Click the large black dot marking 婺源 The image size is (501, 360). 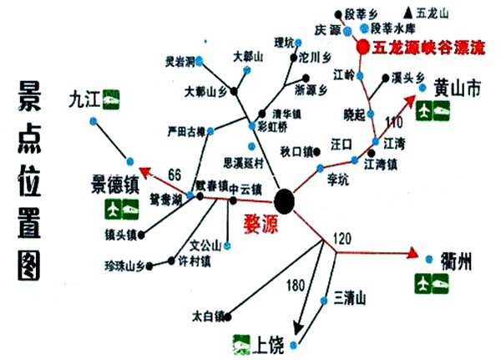click(285, 201)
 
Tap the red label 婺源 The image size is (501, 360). click(261, 224)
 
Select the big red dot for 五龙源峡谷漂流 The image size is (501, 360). click(362, 48)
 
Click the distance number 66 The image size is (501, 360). click(175, 174)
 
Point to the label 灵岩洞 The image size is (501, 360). click(180, 62)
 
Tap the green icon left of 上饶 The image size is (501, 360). click(242, 341)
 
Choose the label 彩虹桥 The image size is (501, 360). click(273, 127)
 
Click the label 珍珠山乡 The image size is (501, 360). click(126, 266)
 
